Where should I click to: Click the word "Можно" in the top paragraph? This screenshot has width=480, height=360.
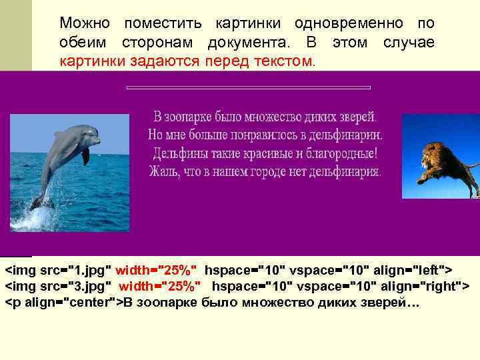(85, 23)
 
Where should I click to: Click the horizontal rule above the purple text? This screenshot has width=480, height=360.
(248, 87)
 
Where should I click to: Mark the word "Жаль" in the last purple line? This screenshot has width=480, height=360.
(162, 171)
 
